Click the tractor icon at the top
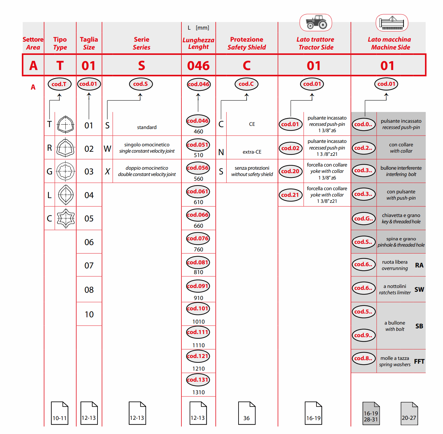[316, 22]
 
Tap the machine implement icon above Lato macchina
[392, 23]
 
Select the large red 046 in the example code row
[198, 66]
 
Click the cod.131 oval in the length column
[198, 379]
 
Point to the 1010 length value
[198, 321]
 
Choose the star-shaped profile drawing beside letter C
[66, 218]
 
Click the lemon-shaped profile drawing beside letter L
[66, 195]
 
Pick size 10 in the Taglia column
[89, 314]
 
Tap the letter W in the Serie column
[107, 149]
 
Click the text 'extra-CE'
[252, 152]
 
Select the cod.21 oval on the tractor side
[290, 195]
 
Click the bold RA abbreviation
[419, 265]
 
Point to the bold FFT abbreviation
[419, 361]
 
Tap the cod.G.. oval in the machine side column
[363, 218]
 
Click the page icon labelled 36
[246, 413]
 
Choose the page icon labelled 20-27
[409, 413]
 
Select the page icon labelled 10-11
[60, 413]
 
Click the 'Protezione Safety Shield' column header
[246, 43]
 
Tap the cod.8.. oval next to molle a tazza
[363, 358]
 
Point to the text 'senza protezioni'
[252, 168]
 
